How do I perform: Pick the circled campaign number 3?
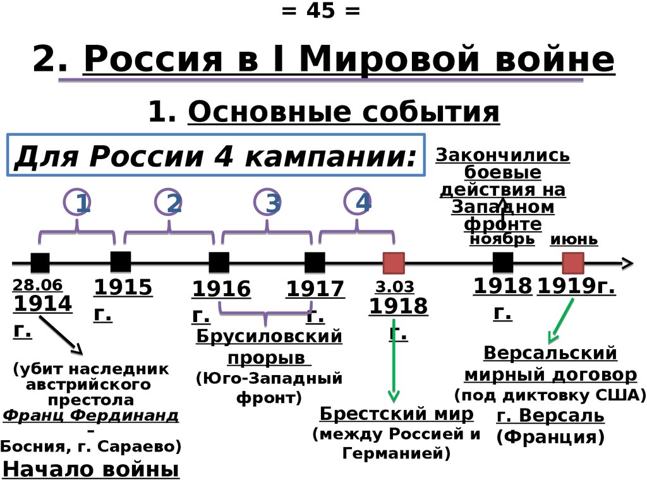click(x=268, y=203)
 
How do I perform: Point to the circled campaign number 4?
click(x=358, y=202)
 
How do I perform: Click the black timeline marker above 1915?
click(x=120, y=261)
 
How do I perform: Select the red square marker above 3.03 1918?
click(x=394, y=263)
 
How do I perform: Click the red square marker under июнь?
click(x=572, y=263)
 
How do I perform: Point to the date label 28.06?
click(x=31, y=286)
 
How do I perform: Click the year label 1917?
click(x=315, y=290)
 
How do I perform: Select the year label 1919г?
click(x=576, y=287)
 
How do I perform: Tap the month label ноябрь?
click(x=502, y=239)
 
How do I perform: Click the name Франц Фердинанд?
click(x=90, y=415)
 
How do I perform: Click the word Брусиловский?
click(x=269, y=336)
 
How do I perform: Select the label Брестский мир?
click(x=396, y=414)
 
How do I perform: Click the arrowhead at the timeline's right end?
click(x=627, y=263)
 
